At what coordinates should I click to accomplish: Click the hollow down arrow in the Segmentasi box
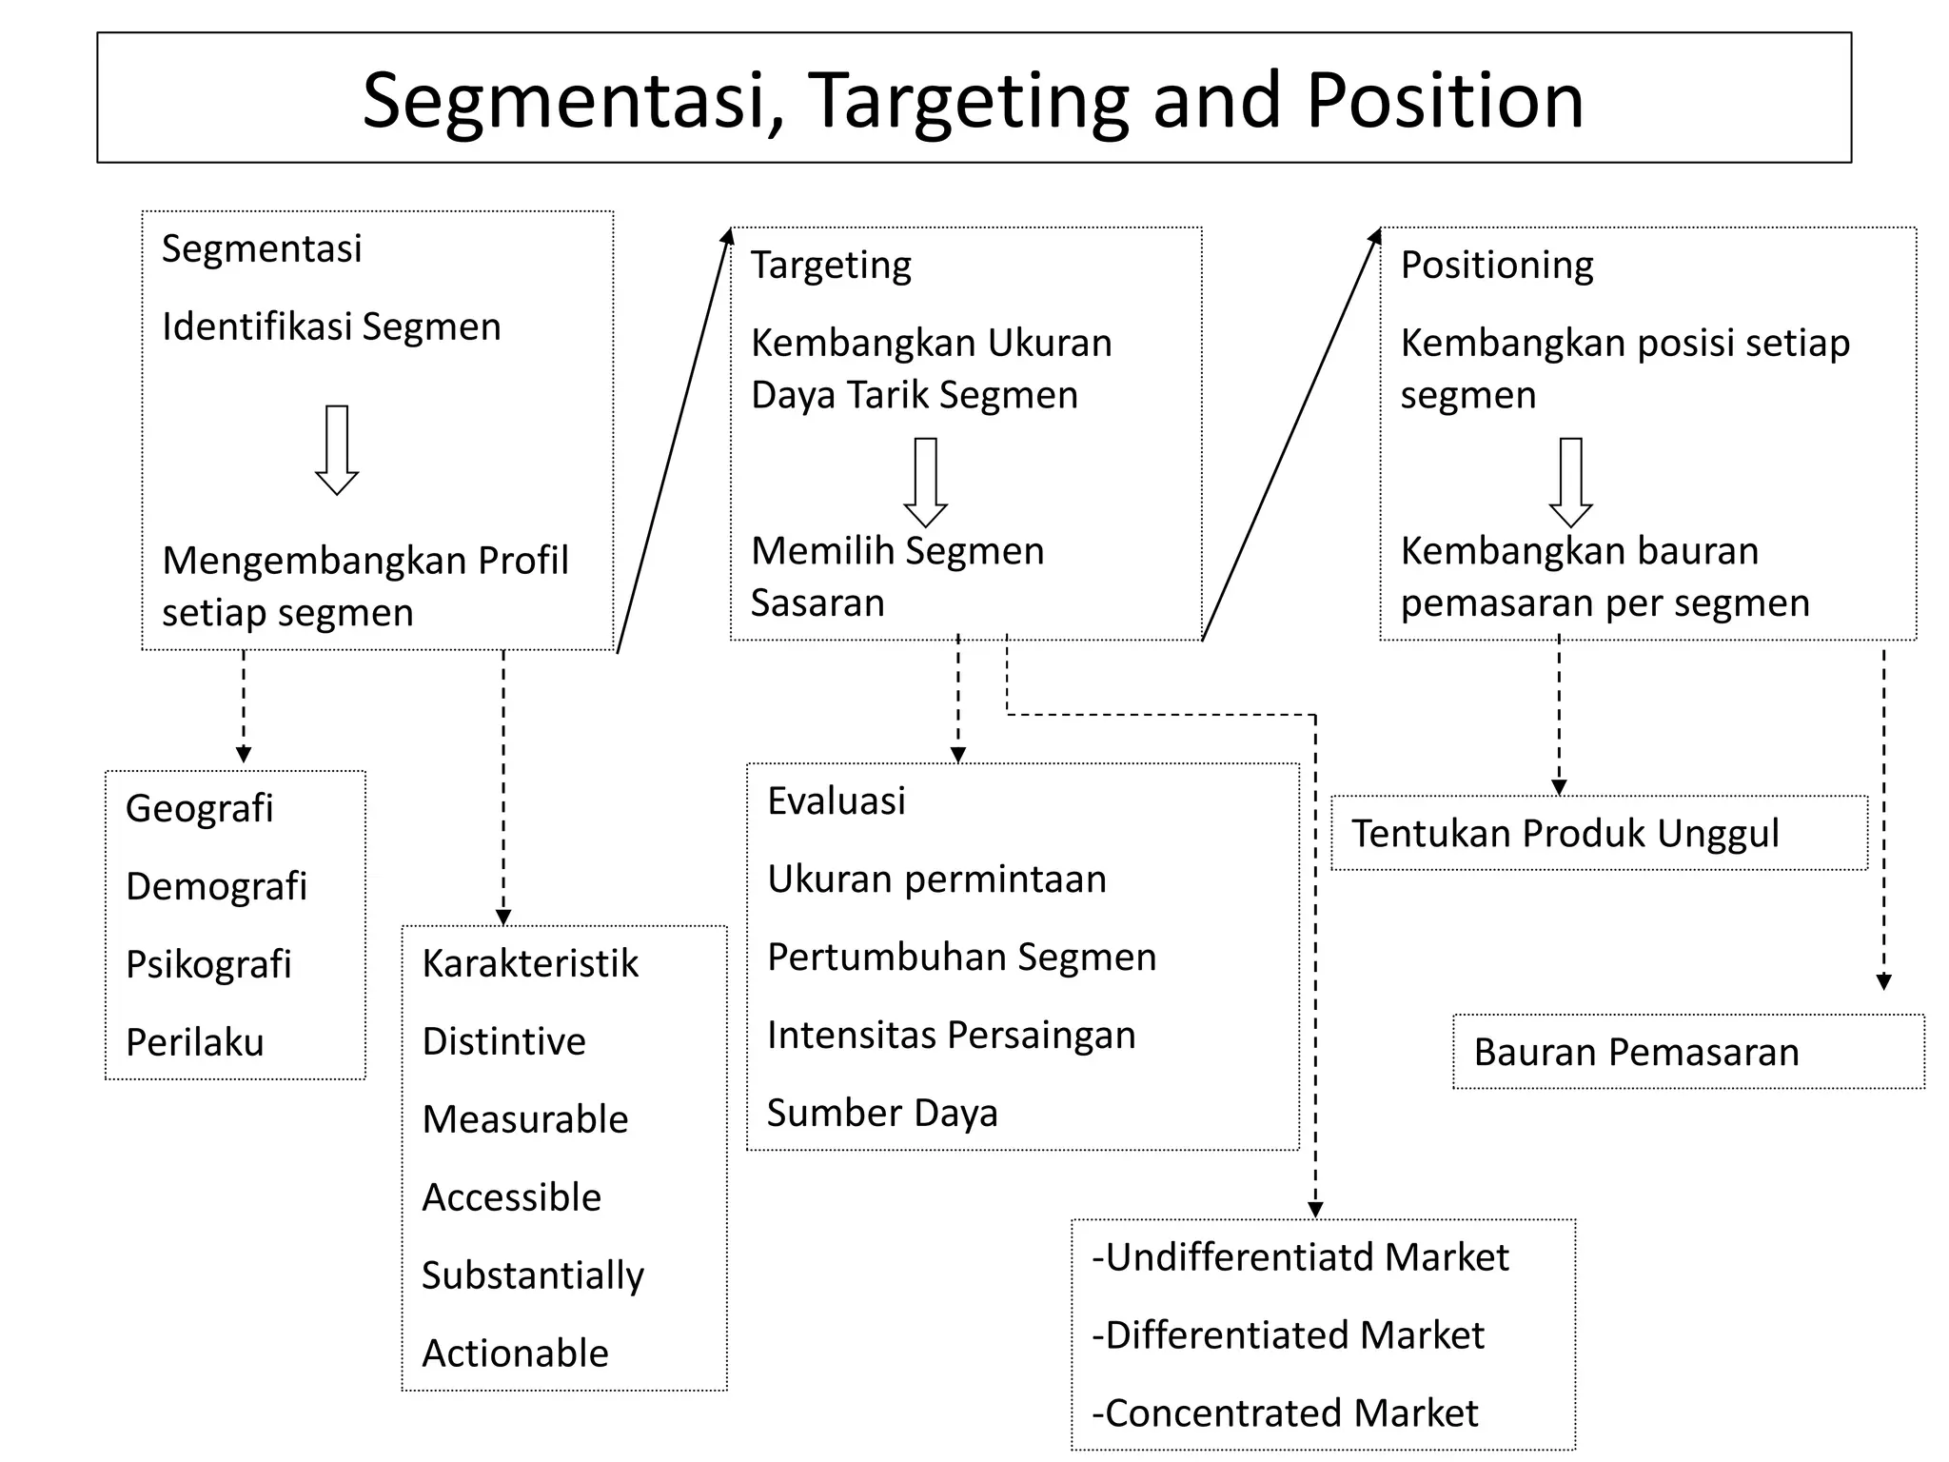pos(337,450)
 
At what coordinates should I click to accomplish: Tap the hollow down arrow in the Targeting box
pos(925,483)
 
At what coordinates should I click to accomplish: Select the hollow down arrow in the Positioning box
pos(1571,483)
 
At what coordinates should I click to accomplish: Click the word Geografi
pos(199,808)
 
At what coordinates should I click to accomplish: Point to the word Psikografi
pos(208,964)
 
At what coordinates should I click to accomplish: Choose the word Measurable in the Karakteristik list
pos(524,1119)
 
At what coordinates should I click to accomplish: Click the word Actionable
pos(515,1353)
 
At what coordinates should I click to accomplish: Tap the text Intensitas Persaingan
pos(951,1035)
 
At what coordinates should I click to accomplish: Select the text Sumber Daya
pos(882,1113)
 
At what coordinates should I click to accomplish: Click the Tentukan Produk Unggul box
pos(1599,833)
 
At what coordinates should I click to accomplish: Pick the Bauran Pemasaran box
pos(1687,1052)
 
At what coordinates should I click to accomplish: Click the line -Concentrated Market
pos(1285,1413)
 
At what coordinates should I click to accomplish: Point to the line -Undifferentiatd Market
pos(1300,1257)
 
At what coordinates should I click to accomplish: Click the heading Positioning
pos(1496,265)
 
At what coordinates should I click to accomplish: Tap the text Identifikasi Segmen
pos(331,326)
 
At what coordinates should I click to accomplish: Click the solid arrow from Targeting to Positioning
pos(1291,434)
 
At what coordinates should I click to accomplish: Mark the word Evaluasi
pos(836,800)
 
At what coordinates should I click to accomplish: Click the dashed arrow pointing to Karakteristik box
pos(503,790)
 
